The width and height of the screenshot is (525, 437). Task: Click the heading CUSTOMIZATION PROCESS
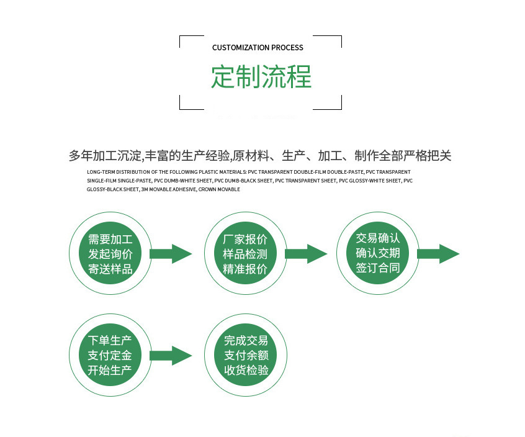tap(258, 48)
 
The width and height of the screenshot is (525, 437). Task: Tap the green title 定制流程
tap(261, 77)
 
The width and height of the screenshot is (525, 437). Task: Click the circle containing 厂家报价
tap(245, 254)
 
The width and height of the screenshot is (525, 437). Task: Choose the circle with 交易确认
tap(377, 254)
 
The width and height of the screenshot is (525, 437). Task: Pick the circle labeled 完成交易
tap(246, 356)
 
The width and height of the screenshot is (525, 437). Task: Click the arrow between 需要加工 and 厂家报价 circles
tap(171, 254)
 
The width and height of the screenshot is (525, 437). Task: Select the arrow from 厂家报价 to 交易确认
tap(305, 253)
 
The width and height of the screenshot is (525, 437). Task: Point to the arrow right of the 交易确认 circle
tap(438, 254)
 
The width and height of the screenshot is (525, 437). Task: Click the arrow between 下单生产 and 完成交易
tap(171, 356)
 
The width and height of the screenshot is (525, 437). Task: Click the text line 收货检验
tap(246, 371)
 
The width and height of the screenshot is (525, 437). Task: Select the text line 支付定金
tap(110, 356)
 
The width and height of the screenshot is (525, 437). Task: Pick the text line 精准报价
tap(245, 269)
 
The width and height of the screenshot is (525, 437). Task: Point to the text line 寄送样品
tap(110, 269)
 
